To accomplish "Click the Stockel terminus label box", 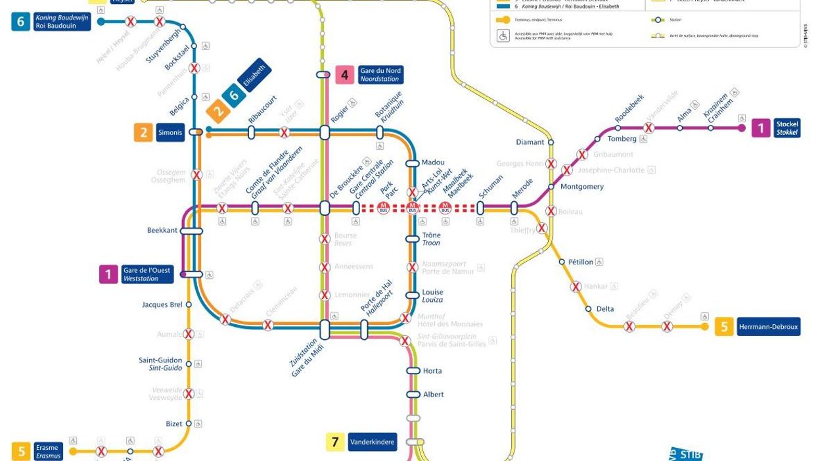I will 786,128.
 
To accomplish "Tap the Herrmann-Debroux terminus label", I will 768,327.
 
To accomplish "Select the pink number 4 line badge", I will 345,75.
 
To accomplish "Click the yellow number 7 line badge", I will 335,442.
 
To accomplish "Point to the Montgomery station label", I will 581,187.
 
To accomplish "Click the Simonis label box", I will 170,132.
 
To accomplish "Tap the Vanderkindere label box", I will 373,442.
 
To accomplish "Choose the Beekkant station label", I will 162,230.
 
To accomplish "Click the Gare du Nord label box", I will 380,75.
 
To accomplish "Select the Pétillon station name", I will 580,262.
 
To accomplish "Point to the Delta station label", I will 605,309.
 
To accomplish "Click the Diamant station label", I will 530,142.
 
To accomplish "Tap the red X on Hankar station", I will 576,287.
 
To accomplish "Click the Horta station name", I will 432,371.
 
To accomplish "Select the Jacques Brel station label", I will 162,304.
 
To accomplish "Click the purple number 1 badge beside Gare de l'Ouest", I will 108,274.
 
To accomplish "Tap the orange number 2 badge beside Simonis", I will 143,132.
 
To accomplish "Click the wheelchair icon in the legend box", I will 503,36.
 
